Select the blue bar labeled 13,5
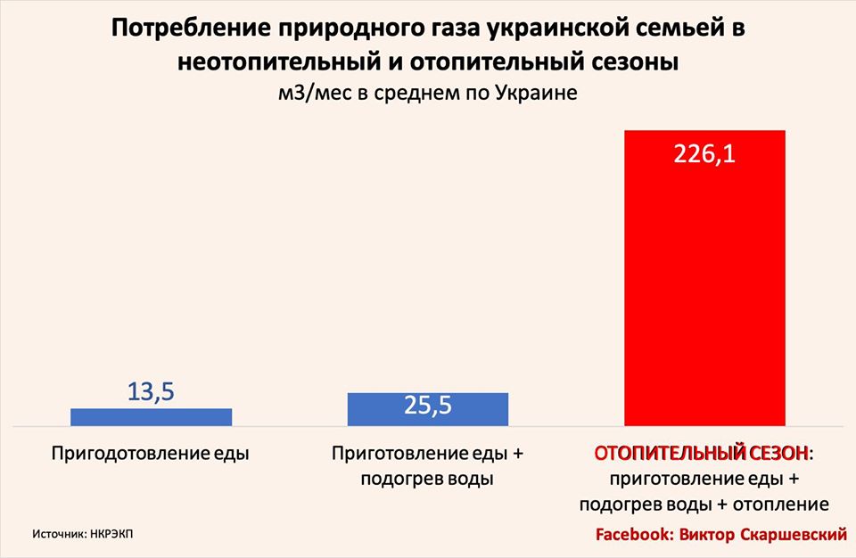[151, 417]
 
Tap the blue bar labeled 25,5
[428, 409]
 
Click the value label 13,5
[151, 391]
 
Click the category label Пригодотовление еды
[150, 454]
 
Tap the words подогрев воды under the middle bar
[428, 479]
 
